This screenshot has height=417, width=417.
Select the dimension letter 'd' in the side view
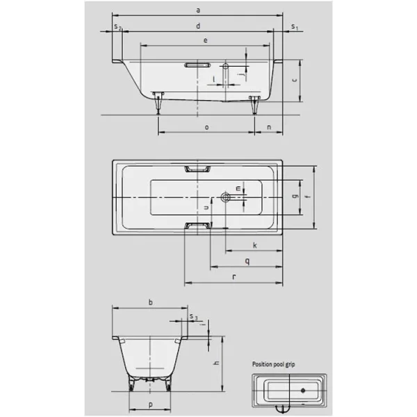coord(199,26)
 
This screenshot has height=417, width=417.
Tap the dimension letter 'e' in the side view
coord(205,42)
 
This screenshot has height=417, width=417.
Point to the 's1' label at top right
coord(295,26)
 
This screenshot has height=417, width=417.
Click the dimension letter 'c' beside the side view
coord(295,81)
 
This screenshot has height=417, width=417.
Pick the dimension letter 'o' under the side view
coord(207,127)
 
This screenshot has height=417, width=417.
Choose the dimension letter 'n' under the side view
coord(269,127)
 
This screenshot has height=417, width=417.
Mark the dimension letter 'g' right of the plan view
coord(295,197)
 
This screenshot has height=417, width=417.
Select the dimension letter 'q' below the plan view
coord(247,260)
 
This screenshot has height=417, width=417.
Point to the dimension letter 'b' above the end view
coord(150,302)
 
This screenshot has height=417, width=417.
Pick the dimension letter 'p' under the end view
coord(150,403)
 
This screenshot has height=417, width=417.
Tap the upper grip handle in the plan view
coord(198,168)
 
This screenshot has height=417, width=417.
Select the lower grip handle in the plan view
coord(198,225)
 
